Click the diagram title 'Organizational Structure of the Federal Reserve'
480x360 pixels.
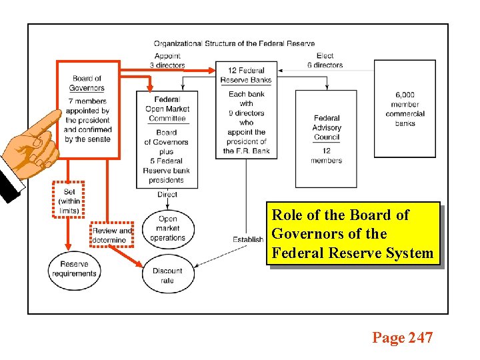234,44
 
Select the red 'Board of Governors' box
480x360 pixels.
87,110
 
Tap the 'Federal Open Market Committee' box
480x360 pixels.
167,139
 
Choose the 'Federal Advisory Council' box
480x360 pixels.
327,139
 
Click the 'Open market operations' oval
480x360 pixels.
167,228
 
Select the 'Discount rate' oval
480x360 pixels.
167,275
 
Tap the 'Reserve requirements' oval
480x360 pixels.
74,269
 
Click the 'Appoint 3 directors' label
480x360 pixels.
167,61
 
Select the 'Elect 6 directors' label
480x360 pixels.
325,61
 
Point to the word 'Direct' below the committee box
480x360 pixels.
167,195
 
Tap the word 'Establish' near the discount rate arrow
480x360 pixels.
247,239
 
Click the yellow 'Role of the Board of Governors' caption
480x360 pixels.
353,234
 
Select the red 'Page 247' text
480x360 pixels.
402,338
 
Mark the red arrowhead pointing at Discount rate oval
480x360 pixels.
140,265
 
